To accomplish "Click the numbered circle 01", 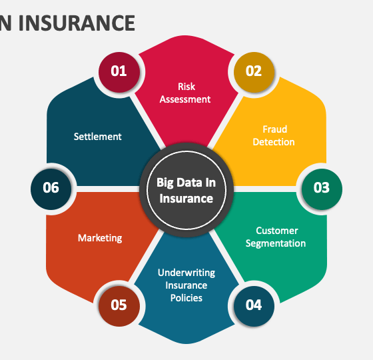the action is pyautogui.click(x=119, y=72).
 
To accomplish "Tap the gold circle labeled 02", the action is pyautogui.click(x=254, y=72).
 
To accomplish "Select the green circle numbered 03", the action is pyautogui.click(x=322, y=189).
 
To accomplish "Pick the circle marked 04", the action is pyautogui.click(x=254, y=306).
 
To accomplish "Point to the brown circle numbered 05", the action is pyautogui.click(x=119, y=306).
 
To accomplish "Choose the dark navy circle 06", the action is pyautogui.click(x=51, y=189).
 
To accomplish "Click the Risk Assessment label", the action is pyautogui.click(x=185, y=93).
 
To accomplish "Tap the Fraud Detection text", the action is pyautogui.click(x=274, y=136).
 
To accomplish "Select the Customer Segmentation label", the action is pyautogui.click(x=276, y=237).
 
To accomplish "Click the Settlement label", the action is pyautogui.click(x=97, y=137).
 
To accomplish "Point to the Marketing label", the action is pyautogui.click(x=100, y=238).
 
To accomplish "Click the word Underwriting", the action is pyautogui.click(x=186, y=273).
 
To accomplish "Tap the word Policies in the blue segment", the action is pyautogui.click(x=186, y=298).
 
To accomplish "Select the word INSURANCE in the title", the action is pyautogui.click(x=77, y=23).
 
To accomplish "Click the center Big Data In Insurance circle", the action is pyautogui.click(x=186, y=190).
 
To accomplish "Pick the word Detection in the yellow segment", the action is pyautogui.click(x=274, y=142).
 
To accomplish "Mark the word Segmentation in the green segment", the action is pyautogui.click(x=276, y=243).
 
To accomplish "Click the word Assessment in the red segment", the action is pyautogui.click(x=185, y=99).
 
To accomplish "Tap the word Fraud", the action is pyautogui.click(x=275, y=129).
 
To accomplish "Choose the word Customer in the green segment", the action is pyautogui.click(x=277, y=231).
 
